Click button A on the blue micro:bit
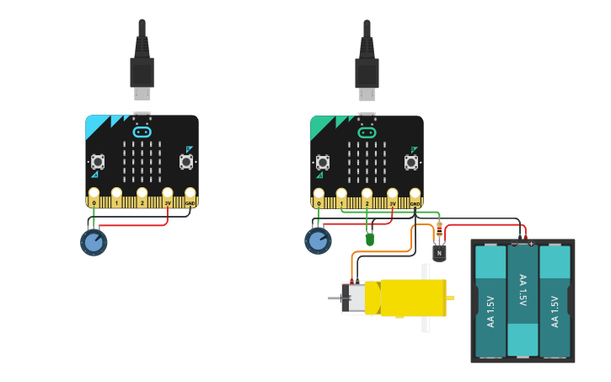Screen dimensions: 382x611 [98, 161]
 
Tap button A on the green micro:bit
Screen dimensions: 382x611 [323, 162]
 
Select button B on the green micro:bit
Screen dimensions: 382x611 [411, 162]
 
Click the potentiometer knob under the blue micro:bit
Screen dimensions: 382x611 [94, 242]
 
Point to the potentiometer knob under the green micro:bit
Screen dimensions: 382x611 [318, 241]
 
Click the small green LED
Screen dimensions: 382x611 [369, 239]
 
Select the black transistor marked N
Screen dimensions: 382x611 [439, 251]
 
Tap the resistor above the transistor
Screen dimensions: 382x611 [440, 228]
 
